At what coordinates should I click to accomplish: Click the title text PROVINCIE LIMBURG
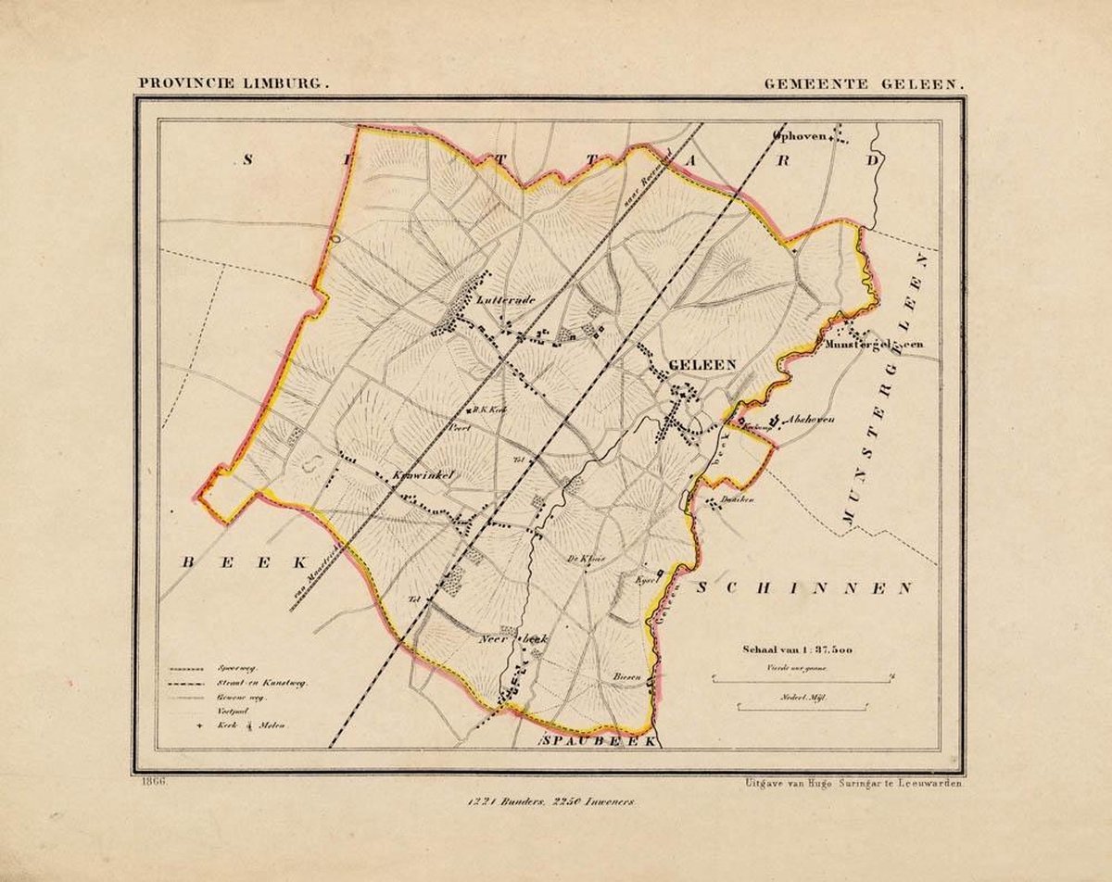[234, 82]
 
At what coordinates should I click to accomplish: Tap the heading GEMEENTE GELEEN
[864, 82]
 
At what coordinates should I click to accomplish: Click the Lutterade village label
[507, 300]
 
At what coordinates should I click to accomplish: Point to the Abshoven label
[810, 420]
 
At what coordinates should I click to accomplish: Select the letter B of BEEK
[187, 562]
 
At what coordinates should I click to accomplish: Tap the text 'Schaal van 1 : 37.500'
[796, 649]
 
